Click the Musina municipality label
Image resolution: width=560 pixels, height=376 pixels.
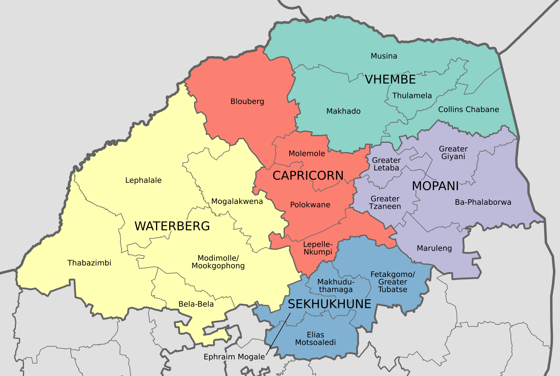click(384, 56)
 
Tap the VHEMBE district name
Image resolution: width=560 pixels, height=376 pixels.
click(390, 80)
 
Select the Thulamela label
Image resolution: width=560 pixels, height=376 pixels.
click(412, 96)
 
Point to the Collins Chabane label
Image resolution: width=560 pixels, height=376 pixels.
click(468, 110)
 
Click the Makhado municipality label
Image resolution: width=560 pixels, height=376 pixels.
click(343, 111)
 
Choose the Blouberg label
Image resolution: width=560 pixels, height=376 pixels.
click(247, 102)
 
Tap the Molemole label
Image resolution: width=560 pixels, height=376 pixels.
click(307, 154)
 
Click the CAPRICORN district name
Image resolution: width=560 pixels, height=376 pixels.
click(308, 176)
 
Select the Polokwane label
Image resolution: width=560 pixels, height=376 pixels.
click(310, 205)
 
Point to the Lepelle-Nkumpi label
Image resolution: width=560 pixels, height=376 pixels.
click(318, 248)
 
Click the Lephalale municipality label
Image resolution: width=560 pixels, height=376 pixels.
click(143, 180)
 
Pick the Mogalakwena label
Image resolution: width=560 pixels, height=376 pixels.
click(237, 202)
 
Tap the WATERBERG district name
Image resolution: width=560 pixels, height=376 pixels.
click(172, 226)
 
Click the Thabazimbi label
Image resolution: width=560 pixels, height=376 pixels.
click(89, 263)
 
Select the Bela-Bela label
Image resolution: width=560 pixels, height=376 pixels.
click(196, 304)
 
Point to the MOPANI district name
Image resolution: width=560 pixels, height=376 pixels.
click(435, 186)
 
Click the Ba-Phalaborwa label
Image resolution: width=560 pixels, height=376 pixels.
click(483, 202)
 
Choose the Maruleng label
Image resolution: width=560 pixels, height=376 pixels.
click(434, 248)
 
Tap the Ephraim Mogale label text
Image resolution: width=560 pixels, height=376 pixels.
click(234, 357)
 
